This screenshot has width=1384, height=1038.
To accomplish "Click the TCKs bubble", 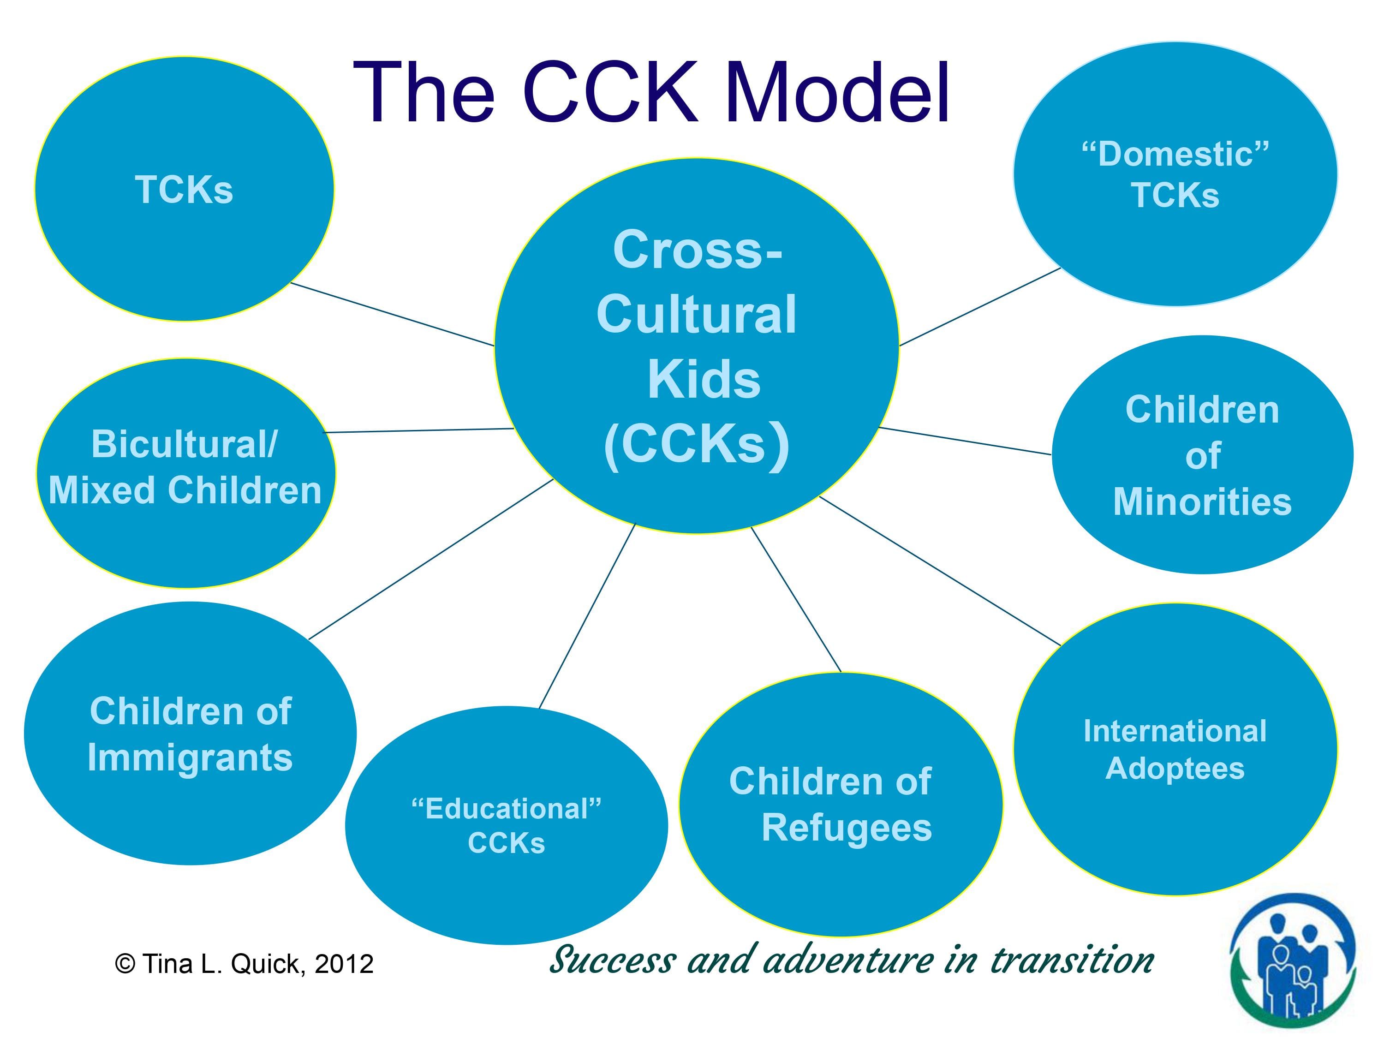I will tap(184, 189).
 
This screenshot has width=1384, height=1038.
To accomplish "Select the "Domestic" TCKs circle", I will tap(1175, 174).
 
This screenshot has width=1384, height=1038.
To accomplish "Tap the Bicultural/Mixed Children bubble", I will tap(185, 473).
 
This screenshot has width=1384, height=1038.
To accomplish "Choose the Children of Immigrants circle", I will tap(190, 734).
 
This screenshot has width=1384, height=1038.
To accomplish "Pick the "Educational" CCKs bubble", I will tap(506, 825).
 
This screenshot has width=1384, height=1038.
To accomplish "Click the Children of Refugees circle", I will tap(840, 805).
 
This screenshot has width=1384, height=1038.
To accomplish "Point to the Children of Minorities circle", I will tap(1202, 455).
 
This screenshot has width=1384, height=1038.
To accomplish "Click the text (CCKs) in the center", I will tap(696, 444).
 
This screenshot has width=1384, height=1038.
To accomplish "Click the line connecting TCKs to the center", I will tap(392, 314).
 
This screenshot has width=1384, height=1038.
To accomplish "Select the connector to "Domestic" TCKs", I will tap(980, 307).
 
